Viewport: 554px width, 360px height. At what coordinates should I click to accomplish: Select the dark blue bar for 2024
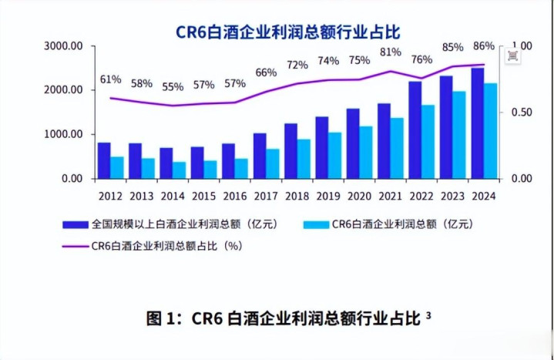click(478, 123)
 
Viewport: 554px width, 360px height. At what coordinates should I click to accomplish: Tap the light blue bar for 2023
click(458, 135)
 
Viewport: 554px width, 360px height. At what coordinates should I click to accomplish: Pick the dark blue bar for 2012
click(104, 160)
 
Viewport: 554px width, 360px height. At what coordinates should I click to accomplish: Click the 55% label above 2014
click(173, 87)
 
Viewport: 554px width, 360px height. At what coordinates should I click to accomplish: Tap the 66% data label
click(266, 72)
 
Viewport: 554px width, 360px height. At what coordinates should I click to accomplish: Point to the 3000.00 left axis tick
click(65, 46)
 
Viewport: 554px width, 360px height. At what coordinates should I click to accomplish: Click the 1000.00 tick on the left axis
click(65, 135)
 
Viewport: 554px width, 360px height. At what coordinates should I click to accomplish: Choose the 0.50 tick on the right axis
click(522, 113)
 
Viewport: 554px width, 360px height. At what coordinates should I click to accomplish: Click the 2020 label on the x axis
click(359, 195)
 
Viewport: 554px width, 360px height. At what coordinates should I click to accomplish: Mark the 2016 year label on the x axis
click(234, 195)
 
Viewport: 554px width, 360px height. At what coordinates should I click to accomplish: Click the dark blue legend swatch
click(76, 225)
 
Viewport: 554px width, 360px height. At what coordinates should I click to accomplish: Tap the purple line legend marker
click(76, 247)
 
